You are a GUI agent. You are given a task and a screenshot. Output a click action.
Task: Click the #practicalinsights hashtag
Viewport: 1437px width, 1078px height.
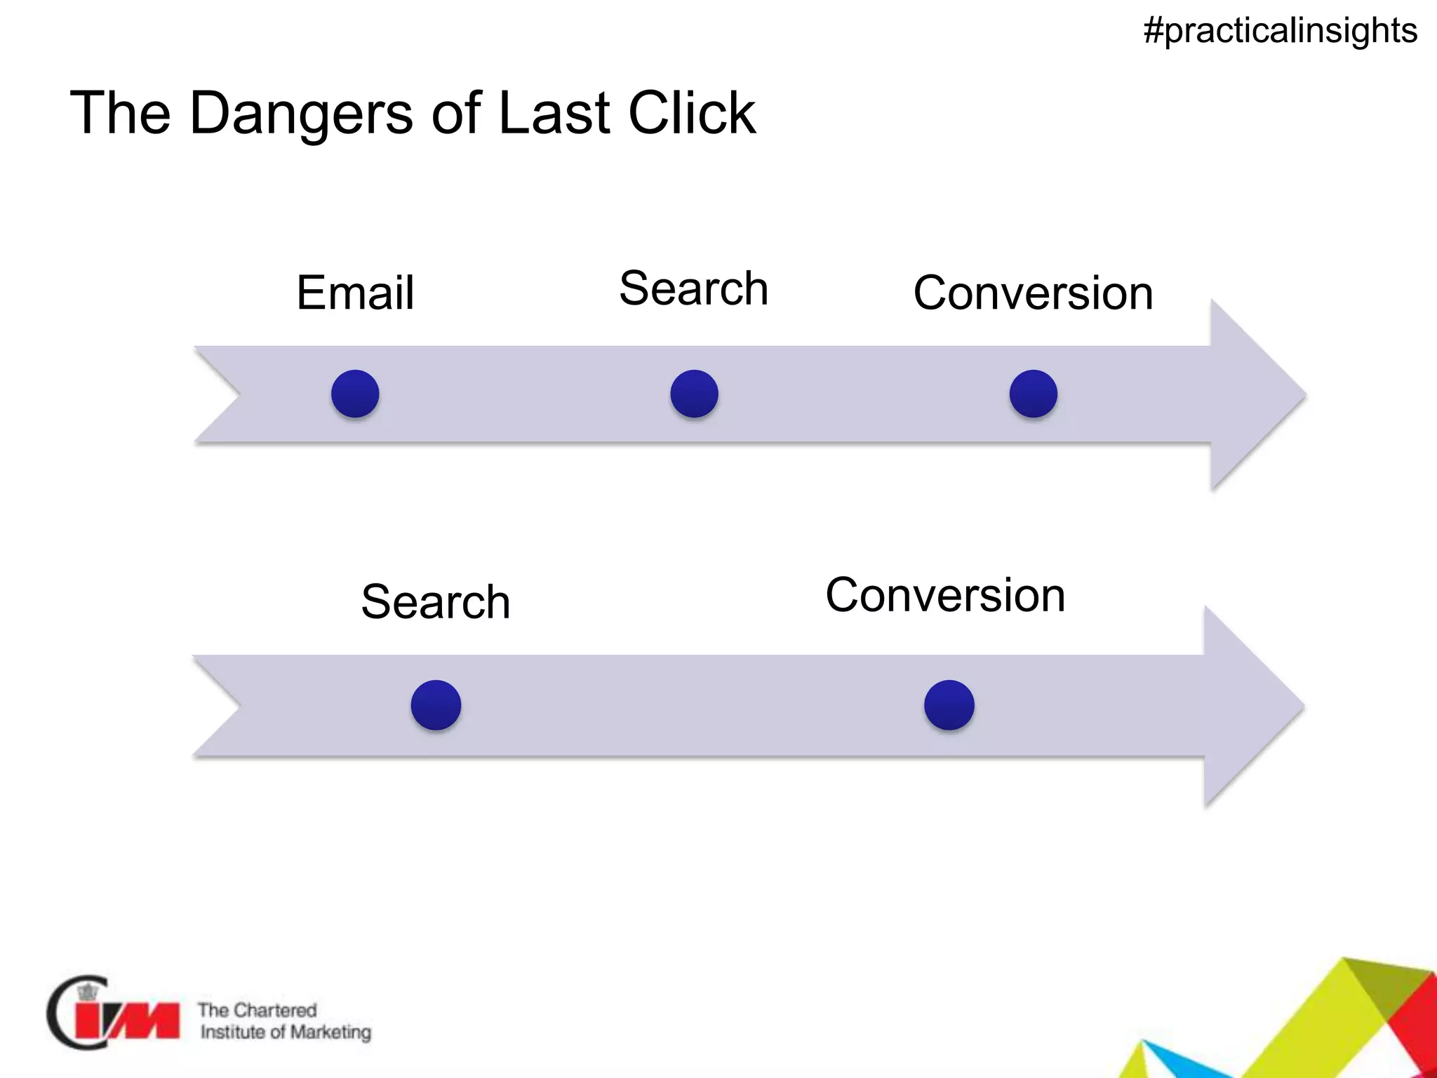click(1280, 31)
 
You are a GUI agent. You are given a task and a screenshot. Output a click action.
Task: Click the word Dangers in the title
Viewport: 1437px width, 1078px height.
click(301, 113)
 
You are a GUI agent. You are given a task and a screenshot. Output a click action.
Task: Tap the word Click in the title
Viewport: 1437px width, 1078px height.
click(692, 113)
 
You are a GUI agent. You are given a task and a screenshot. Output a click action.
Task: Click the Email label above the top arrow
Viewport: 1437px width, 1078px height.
click(355, 293)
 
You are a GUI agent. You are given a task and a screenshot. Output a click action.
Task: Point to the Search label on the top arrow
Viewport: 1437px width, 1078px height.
click(693, 288)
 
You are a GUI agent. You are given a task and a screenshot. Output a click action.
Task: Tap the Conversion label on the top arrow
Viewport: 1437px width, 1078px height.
click(1033, 293)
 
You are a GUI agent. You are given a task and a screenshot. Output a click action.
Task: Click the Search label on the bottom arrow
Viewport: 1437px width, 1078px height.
click(436, 602)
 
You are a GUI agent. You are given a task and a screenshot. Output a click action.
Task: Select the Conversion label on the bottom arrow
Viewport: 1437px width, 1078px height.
click(945, 595)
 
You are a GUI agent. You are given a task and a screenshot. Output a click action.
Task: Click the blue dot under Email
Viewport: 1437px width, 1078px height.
click(355, 394)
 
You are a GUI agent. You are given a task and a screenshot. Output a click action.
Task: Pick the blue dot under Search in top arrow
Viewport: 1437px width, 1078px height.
click(694, 394)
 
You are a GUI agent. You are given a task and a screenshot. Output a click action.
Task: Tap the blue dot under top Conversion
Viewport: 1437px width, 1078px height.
click(1033, 394)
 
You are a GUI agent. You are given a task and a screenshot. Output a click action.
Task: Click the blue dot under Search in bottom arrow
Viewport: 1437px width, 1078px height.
click(436, 705)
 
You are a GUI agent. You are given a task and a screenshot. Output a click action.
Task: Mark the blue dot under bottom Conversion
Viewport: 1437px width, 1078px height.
click(949, 705)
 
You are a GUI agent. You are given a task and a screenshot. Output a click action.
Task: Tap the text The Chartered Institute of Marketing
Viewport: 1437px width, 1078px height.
click(284, 1021)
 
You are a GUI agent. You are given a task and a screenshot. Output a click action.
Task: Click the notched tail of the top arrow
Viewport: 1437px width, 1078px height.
click(218, 394)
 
